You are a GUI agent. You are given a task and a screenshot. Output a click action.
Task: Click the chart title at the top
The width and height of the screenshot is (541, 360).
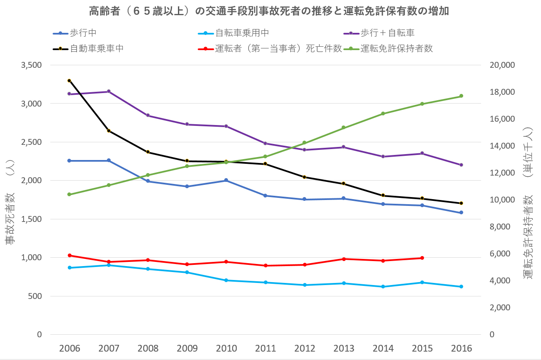(269, 11)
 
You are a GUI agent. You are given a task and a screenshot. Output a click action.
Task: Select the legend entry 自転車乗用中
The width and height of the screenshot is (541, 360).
(241, 33)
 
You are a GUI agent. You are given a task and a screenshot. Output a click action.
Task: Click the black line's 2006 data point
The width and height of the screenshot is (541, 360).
(69, 80)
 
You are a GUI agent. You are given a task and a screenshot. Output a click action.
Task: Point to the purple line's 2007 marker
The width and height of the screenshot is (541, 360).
(109, 91)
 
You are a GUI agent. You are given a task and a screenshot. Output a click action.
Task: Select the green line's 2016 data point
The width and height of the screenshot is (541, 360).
(461, 96)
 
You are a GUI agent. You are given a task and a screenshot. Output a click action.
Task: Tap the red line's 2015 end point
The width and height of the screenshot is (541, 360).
(422, 258)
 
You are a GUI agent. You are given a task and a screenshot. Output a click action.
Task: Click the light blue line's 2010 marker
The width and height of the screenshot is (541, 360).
(226, 280)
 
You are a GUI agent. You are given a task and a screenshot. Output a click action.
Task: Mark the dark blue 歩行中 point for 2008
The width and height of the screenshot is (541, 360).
(148, 181)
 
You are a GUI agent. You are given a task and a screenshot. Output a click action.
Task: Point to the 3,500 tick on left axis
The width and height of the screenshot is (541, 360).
(30, 65)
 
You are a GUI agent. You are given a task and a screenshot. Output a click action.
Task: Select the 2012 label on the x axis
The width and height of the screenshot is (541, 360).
(305, 349)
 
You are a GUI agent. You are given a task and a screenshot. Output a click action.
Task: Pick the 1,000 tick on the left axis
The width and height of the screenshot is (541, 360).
(30, 258)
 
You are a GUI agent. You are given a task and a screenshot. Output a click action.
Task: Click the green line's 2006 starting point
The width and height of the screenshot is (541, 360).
(69, 195)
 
